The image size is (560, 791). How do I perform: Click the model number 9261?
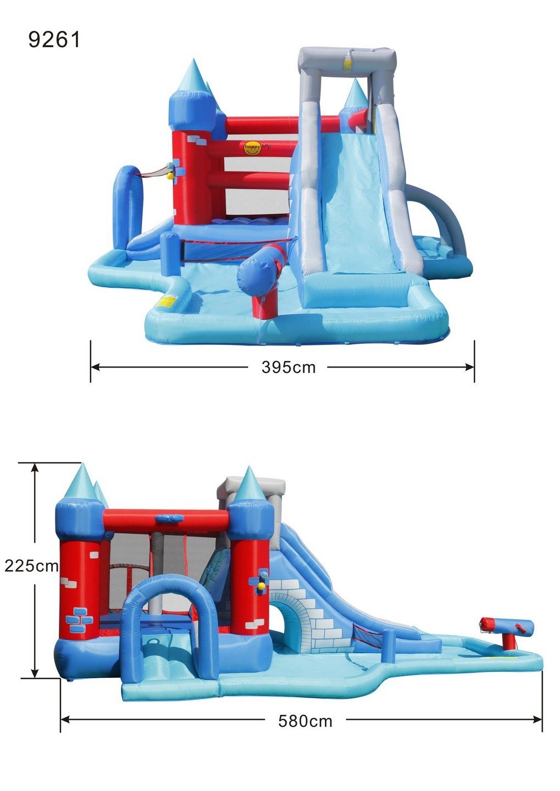[54, 40]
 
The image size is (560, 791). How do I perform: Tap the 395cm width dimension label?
[289, 367]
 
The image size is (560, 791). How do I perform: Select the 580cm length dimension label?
[305, 721]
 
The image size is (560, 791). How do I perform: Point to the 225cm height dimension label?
[31, 566]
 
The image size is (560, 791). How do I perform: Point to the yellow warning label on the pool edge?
[167, 301]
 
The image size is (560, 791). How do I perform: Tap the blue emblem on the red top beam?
[167, 518]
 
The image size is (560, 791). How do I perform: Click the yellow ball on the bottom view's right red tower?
[262, 586]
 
